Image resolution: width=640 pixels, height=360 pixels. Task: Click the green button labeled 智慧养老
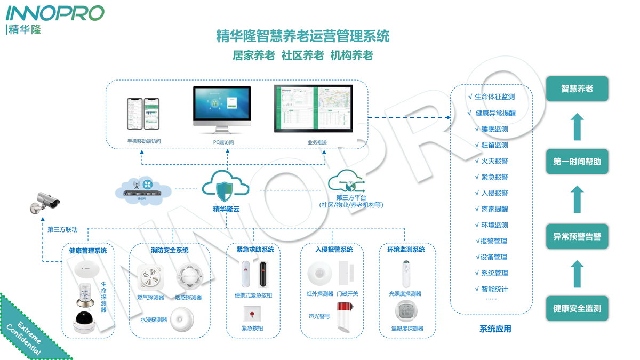[577, 89]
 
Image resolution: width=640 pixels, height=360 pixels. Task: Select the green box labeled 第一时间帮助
[577, 162]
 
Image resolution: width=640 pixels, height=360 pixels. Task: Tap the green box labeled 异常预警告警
[577, 236]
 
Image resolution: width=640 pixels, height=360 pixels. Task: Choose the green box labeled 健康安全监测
[577, 308]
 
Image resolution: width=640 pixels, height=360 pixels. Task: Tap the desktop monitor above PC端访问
[222, 110]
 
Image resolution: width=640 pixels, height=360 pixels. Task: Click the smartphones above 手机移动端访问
[143, 114]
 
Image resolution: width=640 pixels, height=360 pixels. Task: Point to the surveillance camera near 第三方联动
[46, 203]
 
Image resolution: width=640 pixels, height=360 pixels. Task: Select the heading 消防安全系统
[170, 250]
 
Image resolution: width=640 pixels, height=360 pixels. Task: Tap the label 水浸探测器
[154, 320]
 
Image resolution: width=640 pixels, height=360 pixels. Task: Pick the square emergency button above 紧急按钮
[252, 314]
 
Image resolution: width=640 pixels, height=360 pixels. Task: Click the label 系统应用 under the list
[495, 329]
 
